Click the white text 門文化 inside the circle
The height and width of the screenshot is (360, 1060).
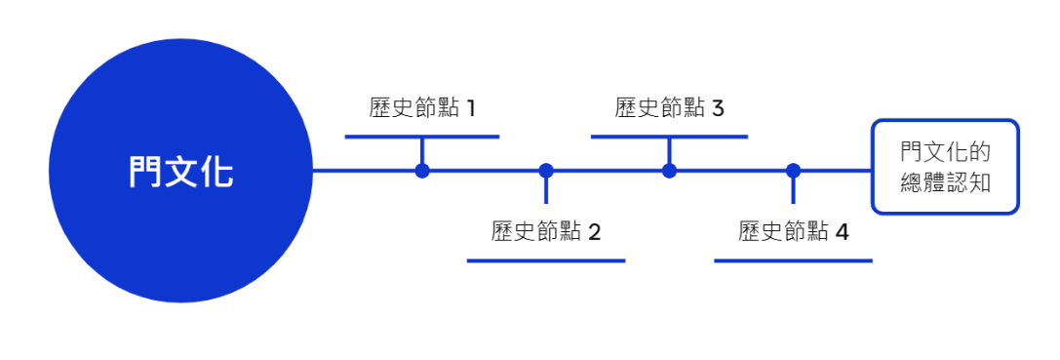180,172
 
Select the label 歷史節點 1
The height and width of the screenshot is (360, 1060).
422,107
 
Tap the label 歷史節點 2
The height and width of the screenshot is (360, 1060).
545,232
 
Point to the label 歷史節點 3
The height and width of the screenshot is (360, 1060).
669,107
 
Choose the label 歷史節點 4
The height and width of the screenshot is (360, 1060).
793,232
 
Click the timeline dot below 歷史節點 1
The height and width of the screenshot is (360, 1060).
422,171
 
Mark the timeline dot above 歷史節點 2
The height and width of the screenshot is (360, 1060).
546,171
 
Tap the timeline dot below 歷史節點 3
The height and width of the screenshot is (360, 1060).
669,171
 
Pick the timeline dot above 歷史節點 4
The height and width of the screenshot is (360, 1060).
793,171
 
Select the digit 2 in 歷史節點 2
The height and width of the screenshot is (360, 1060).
594,232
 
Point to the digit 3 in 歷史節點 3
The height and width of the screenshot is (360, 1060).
718,107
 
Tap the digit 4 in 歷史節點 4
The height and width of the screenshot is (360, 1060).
842,232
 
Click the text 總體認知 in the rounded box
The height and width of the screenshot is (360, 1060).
945,182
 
